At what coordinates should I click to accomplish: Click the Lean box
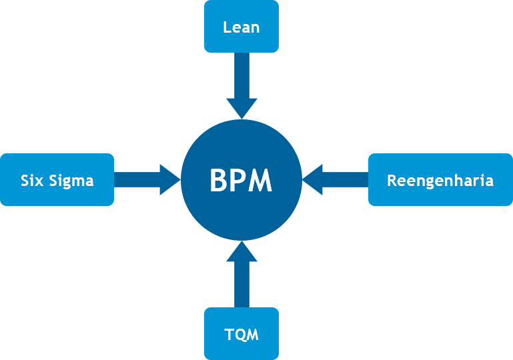[241, 26]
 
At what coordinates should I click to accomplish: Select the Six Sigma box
[57, 179]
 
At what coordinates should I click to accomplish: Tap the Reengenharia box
[440, 179]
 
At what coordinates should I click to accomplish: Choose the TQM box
[241, 333]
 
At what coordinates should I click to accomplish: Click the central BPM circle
[241, 180]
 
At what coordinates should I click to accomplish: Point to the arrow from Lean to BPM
[241, 86]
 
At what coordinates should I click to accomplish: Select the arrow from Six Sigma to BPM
[147, 180]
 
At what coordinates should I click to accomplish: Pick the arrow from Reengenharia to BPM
[336, 180]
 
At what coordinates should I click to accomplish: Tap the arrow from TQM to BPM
[241, 274]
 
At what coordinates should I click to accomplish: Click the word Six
[32, 181]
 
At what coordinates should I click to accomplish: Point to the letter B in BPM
[219, 180]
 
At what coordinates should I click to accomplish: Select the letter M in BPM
[260, 180]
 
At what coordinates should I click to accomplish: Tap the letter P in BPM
[238, 180]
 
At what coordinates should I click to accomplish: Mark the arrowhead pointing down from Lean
[241, 108]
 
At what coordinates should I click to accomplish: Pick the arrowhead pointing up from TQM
[241, 252]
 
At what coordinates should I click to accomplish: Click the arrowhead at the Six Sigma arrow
[169, 180]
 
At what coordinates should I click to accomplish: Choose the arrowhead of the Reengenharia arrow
[313, 180]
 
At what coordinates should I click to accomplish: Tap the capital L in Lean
[227, 27]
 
